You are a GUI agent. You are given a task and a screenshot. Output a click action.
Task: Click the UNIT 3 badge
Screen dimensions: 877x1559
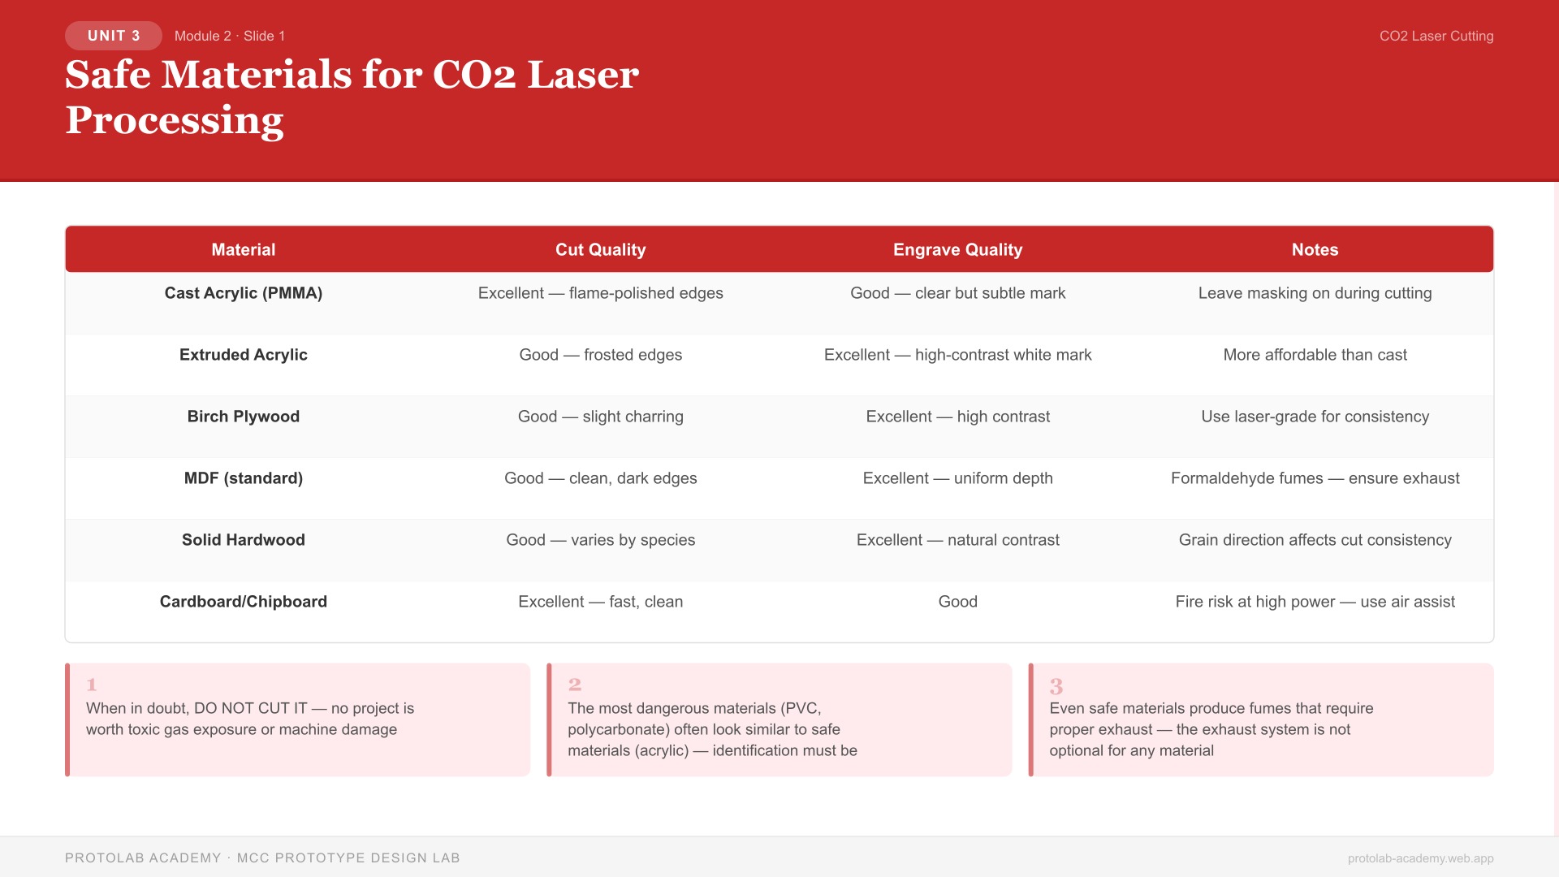pos(114,36)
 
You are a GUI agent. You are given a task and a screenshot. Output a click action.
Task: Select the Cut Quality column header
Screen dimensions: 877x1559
pos(600,250)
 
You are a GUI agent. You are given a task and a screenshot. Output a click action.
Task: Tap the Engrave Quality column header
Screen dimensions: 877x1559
pos(957,250)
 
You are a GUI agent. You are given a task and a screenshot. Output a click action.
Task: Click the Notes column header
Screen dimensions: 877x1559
pos(1315,250)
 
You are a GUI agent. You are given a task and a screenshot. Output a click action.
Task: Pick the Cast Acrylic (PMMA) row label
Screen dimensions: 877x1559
pos(244,293)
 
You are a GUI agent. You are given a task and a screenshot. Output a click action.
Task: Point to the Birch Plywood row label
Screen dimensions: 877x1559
pos(244,417)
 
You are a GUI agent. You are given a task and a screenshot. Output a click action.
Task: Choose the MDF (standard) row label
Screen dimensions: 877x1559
pos(244,478)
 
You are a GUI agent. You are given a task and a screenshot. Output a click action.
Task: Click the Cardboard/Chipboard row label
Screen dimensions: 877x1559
pos(244,602)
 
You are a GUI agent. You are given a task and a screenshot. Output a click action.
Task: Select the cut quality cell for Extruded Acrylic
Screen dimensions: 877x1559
pos(600,355)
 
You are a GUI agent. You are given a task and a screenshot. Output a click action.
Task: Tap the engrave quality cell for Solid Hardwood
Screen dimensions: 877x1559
pos(957,540)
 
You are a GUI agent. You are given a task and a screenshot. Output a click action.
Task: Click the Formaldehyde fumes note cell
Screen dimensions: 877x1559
pos(1315,478)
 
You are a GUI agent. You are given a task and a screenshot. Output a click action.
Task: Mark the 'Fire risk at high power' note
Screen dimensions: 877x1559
pos(1315,602)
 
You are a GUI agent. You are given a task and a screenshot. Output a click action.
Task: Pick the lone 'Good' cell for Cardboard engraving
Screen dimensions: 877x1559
pos(957,602)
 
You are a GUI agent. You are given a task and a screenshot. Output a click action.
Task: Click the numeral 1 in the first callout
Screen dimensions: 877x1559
pos(92,685)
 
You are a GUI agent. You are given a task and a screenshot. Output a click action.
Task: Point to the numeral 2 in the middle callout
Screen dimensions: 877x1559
pos(574,685)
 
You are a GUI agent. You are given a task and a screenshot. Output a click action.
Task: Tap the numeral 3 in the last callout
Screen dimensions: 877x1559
pos(1056,686)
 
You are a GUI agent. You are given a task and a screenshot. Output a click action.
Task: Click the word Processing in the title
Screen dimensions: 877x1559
pos(175,120)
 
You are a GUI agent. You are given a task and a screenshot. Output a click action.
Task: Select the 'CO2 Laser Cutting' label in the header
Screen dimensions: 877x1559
pos(1436,37)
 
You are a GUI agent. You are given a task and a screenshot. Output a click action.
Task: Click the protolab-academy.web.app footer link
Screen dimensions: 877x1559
pos(1420,858)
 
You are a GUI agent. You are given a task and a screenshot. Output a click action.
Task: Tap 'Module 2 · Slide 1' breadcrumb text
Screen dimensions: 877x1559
pos(230,37)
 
